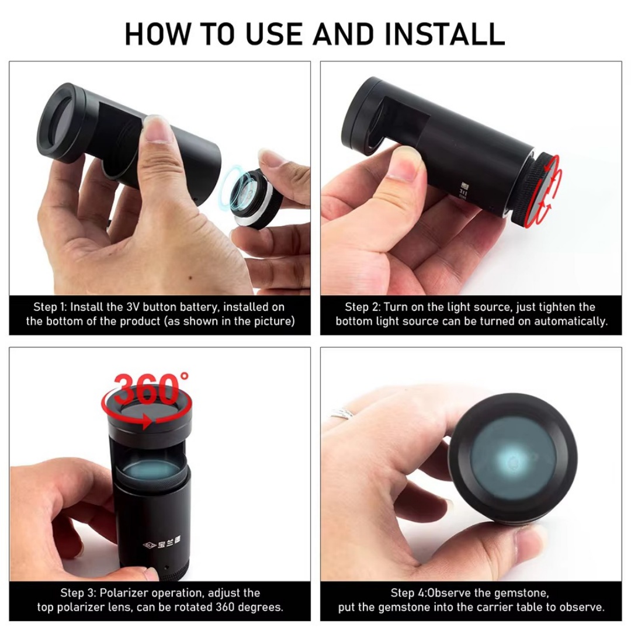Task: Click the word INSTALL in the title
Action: click(445, 34)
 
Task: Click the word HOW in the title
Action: click(157, 34)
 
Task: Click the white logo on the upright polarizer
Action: click(162, 545)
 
